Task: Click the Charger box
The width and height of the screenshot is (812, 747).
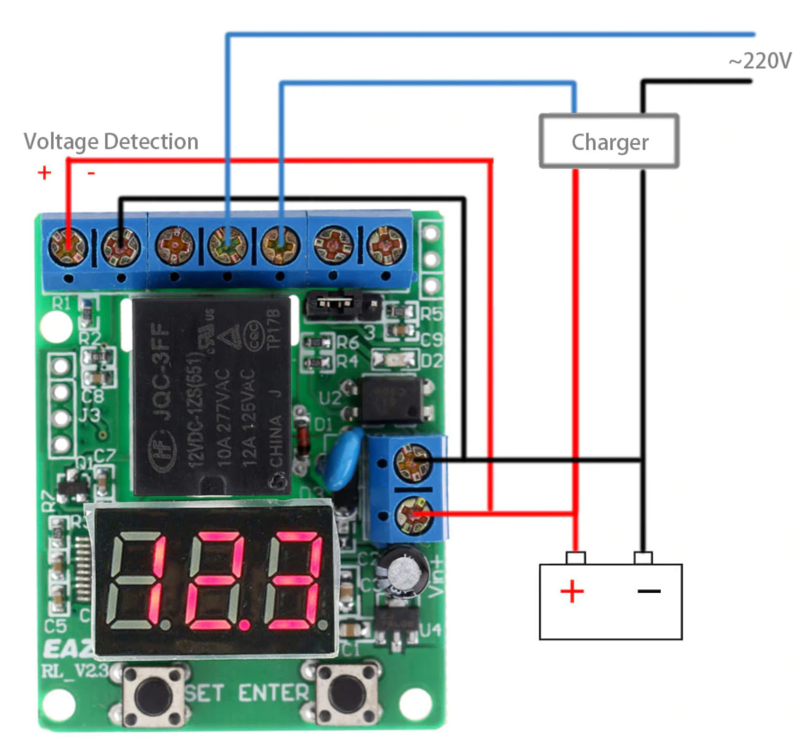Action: (x=609, y=142)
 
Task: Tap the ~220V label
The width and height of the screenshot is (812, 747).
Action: (x=760, y=61)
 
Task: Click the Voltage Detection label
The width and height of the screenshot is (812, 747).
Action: (x=111, y=142)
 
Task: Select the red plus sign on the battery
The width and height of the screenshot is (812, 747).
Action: (x=572, y=591)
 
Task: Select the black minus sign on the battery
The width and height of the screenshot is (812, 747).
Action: (x=649, y=591)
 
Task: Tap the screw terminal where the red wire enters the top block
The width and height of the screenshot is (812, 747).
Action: (x=68, y=247)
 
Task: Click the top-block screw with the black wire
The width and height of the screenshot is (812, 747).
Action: (x=121, y=247)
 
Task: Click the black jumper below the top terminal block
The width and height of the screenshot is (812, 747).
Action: (x=334, y=304)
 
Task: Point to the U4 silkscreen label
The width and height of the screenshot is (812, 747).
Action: (x=430, y=630)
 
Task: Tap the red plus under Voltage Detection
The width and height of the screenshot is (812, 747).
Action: (x=45, y=172)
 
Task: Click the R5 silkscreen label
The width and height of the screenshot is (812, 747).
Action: (x=431, y=314)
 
